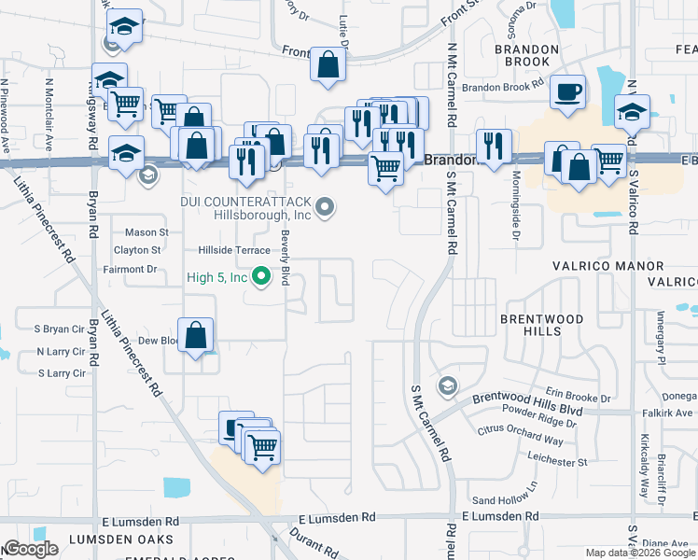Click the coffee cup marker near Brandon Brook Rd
567,92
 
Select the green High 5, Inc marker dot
262,275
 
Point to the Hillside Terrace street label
233,250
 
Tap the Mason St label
147,232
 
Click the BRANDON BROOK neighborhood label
526,55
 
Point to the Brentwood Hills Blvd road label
527,399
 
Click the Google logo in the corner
31,549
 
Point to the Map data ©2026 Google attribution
639,553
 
